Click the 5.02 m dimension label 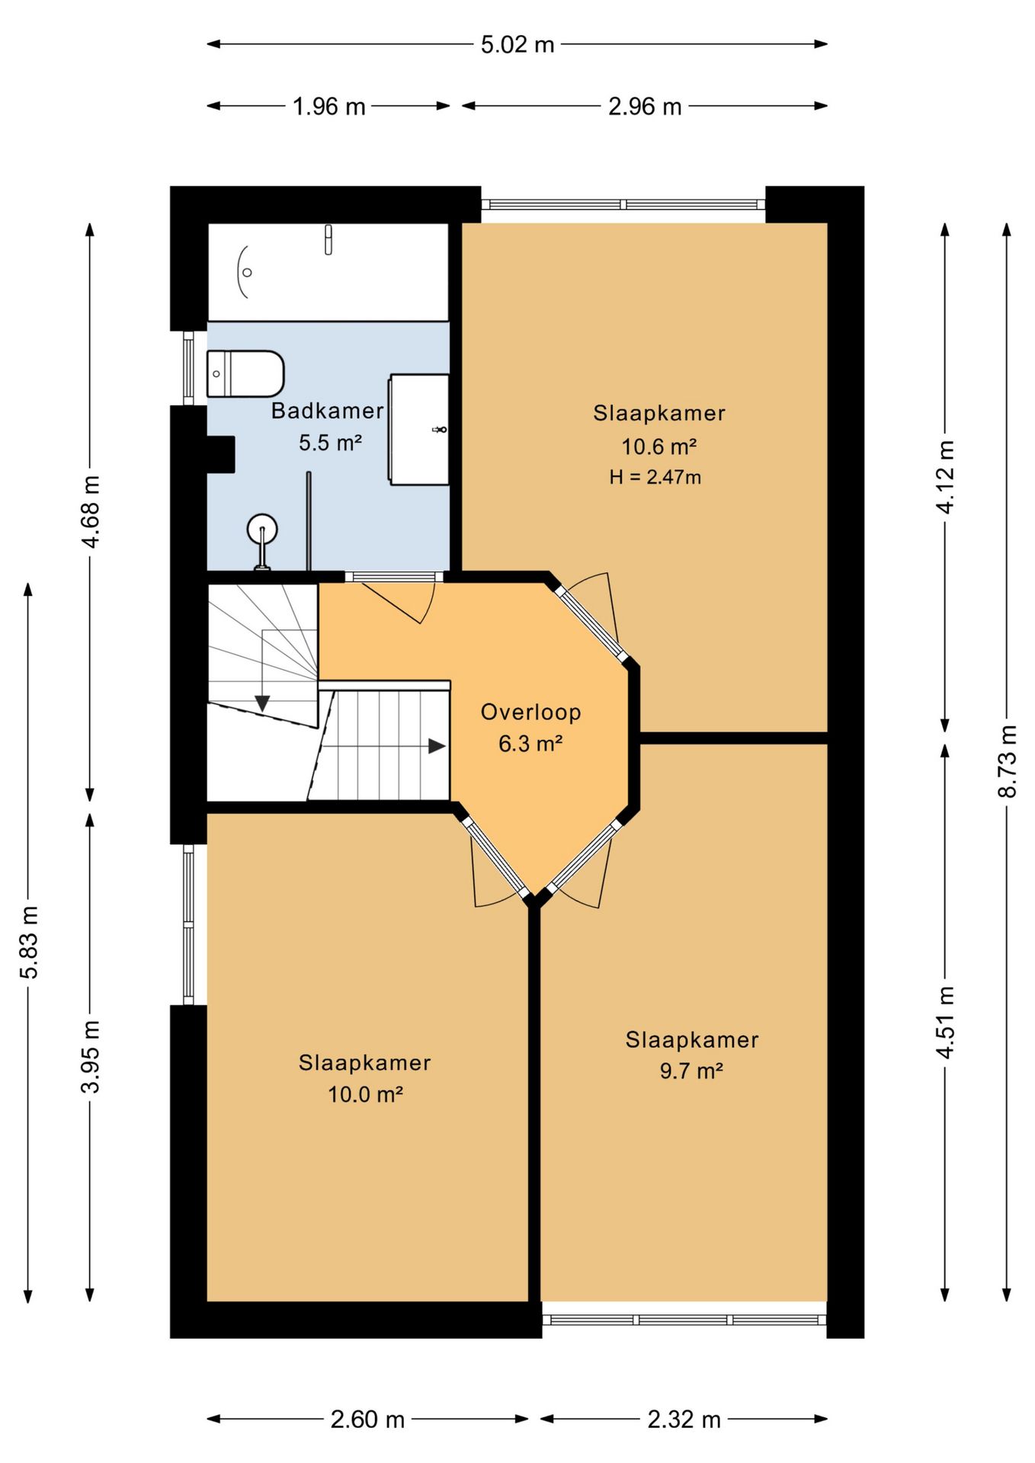click(x=517, y=44)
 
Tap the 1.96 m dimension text click(x=328, y=106)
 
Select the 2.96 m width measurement click(x=644, y=106)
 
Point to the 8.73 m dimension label click(x=1007, y=760)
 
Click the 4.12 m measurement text click(x=945, y=476)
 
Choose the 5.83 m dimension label click(x=28, y=942)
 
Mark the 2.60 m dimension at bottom click(x=367, y=1420)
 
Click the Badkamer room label click(x=327, y=411)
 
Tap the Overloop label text click(x=530, y=712)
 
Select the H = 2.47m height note click(x=655, y=477)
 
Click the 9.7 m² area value click(x=691, y=1071)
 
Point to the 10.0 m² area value click(x=365, y=1094)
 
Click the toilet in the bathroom click(x=245, y=373)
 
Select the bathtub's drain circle click(x=247, y=272)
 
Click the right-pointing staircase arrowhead click(x=437, y=746)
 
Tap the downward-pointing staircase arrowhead click(x=262, y=703)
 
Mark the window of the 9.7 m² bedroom click(x=684, y=1320)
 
